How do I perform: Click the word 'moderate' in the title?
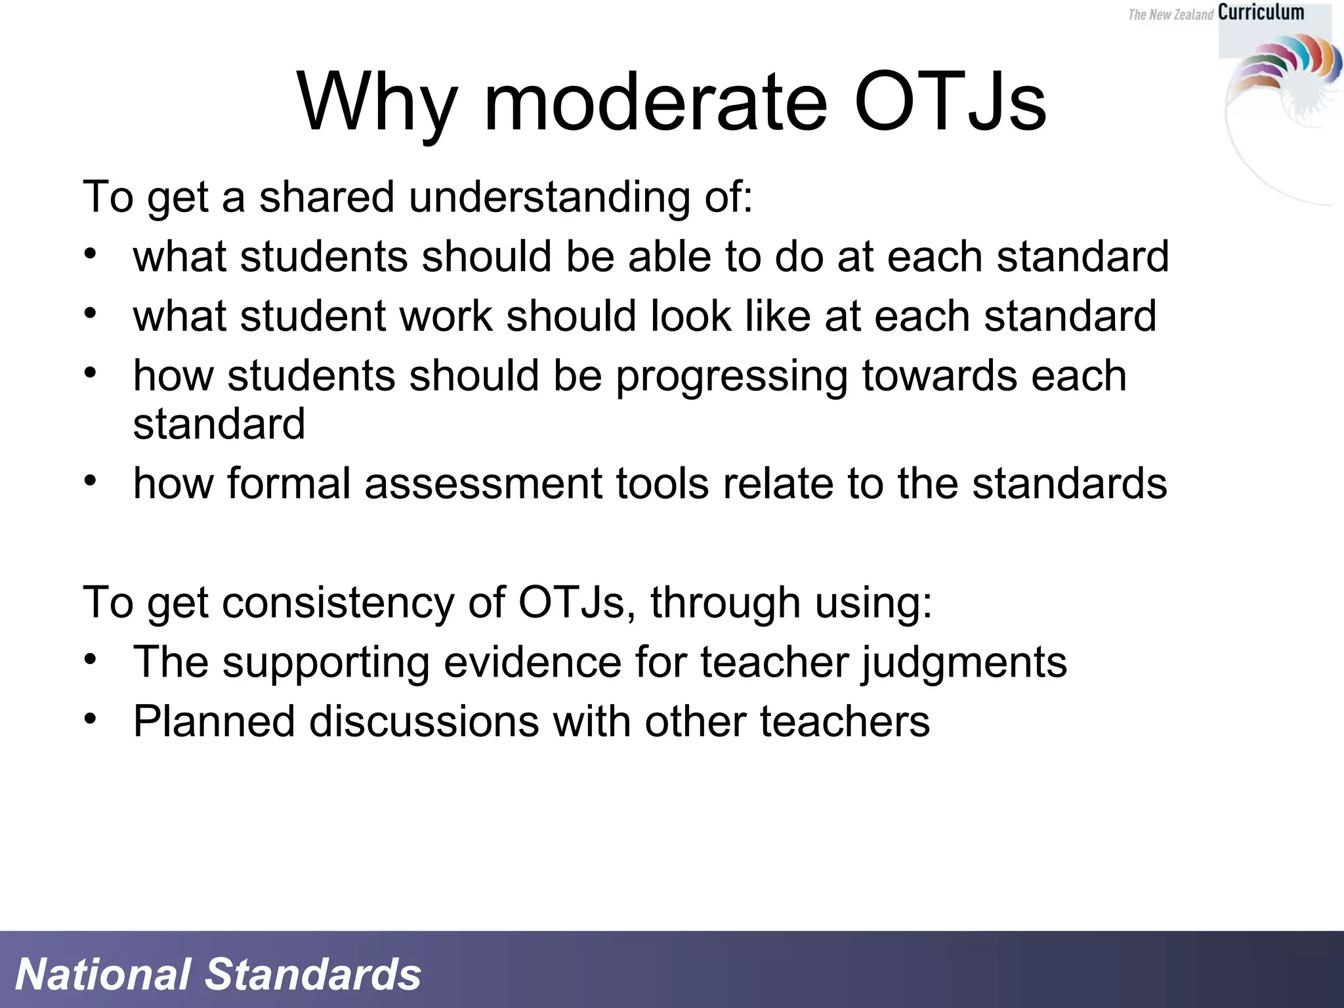tap(655, 103)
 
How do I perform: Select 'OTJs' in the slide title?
tap(950, 103)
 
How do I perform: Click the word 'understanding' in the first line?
tap(549, 197)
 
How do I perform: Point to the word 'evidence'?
tap(532, 662)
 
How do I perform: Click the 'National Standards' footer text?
tap(218, 974)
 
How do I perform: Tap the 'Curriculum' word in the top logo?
tap(1261, 12)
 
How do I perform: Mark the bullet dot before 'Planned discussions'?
tap(91, 719)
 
